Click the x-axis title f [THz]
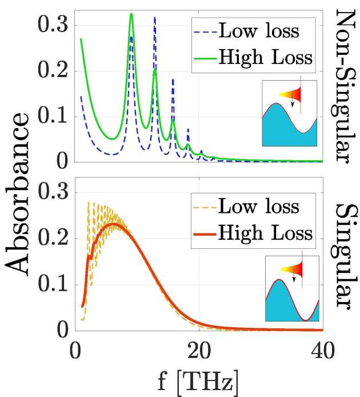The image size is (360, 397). click(199, 379)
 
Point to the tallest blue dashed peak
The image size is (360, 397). click(155, 18)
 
